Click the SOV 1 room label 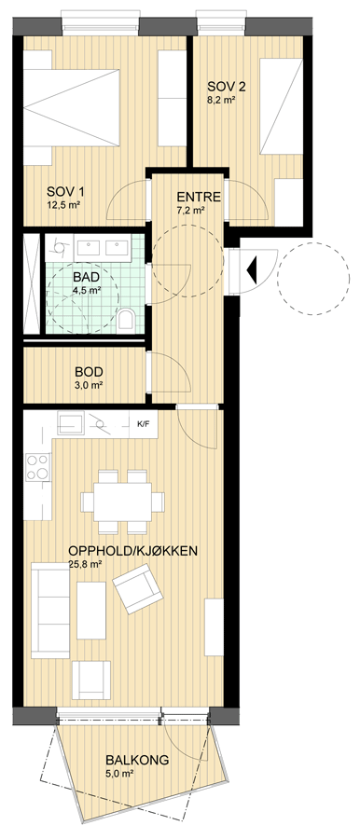65,191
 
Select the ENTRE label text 199,197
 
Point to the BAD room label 85,277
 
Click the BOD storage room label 89,372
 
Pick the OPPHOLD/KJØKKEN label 133,551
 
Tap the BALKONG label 137,760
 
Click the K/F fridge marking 144,424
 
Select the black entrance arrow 252,267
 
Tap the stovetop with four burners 38,467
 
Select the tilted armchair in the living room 137,588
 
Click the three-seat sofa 50,610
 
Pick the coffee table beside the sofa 91,611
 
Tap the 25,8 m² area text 86,563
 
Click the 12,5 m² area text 64,204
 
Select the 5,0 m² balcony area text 120,773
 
